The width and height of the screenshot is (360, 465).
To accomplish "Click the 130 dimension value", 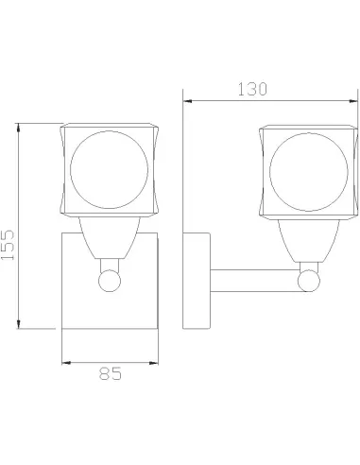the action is point(252,89).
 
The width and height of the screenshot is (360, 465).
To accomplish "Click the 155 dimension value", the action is point(8,245).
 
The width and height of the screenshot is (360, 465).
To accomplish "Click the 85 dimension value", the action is point(111,373).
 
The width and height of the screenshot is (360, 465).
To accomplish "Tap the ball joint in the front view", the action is point(110,280).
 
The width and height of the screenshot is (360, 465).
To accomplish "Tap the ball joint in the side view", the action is point(309,281).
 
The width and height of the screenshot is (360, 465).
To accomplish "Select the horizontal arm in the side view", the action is point(254,281).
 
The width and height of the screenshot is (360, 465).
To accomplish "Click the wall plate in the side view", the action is point(197,281).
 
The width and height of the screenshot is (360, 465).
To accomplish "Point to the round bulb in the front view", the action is point(110,170).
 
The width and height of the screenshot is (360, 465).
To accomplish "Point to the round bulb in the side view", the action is point(309,172).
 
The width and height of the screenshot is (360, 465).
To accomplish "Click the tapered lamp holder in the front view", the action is point(110,238).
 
